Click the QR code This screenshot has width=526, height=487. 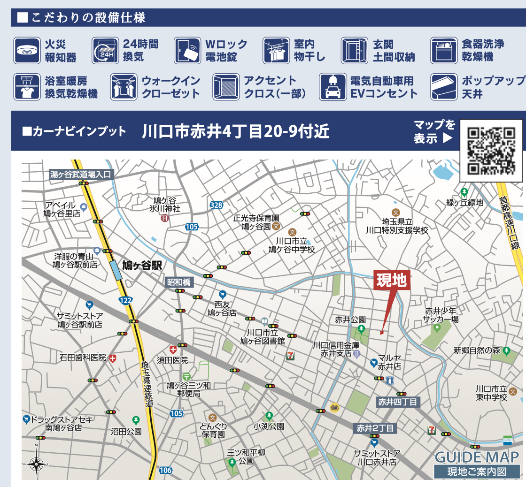click(491, 150)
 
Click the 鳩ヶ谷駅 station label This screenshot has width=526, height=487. click(141, 266)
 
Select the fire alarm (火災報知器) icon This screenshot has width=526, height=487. click(27, 51)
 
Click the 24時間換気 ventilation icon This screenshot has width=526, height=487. click(105, 51)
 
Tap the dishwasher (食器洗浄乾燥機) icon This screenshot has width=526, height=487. click(444, 51)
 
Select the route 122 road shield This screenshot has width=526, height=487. click(125, 300)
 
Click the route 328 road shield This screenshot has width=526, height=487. click(216, 205)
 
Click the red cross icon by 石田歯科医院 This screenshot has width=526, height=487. click(113, 358)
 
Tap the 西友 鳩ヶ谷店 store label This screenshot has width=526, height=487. click(222, 308)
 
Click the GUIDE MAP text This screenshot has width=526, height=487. click(477, 457)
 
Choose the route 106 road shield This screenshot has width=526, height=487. click(165, 470)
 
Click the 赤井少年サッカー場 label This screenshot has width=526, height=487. click(441, 315)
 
